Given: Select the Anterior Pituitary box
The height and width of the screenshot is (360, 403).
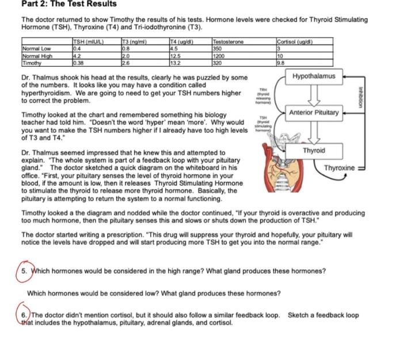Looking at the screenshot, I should click(x=314, y=112).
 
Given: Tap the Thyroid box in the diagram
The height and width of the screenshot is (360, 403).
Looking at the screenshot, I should click(x=314, y=150).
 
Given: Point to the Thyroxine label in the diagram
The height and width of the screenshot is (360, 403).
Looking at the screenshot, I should click(x=340, y=167).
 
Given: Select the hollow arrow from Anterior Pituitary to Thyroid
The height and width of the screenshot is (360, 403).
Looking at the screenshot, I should click(x=314, y=132).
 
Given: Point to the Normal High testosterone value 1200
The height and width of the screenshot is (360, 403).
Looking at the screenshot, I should click(x=219, y=56).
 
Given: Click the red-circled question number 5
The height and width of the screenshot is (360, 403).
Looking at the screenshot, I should click(x=24, y=271).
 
